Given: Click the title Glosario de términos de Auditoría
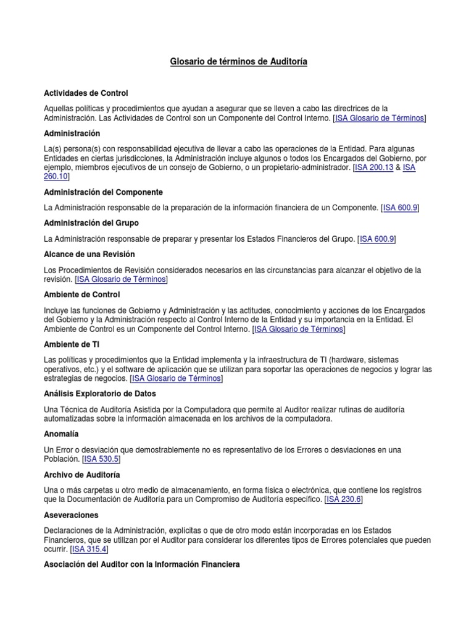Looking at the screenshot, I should [238, 62].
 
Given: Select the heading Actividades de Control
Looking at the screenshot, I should [86, 93].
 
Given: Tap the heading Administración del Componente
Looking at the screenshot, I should [104, 192].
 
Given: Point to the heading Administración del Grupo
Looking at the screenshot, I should [91, 223].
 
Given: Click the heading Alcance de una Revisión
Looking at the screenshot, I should [89, 254].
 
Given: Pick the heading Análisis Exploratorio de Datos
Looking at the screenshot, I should [100, 394].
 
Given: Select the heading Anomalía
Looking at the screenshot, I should [61, 434].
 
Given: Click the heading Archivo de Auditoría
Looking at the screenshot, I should [82, 475].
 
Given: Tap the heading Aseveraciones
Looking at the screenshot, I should [72, 515].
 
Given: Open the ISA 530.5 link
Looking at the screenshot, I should [101, 459].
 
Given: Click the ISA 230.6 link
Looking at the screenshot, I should [344, 499].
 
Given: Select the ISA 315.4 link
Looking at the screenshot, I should [89, 549].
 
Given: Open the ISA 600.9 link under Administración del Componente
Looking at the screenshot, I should [401, 208].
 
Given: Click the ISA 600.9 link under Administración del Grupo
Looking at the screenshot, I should [377, 239].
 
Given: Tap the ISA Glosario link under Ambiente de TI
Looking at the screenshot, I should [177, 378].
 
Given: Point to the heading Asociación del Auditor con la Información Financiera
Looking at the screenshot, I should [142, 565].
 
